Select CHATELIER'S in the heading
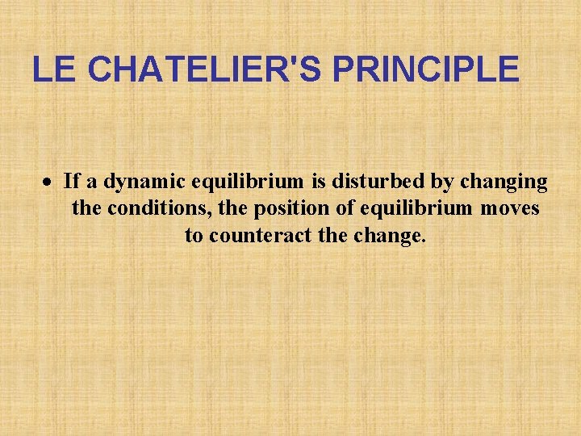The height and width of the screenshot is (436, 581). coord(203,69)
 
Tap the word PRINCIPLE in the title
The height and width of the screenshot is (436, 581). coord(425,69)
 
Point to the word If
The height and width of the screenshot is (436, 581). coord(70,182)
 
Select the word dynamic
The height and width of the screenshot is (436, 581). coord(140,182)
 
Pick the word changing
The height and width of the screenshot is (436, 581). coord(504,182)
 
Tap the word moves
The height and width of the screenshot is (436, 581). coord(510,209)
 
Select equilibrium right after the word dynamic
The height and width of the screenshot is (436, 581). coord(247,182)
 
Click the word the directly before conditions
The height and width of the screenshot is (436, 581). coord(86,209)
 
